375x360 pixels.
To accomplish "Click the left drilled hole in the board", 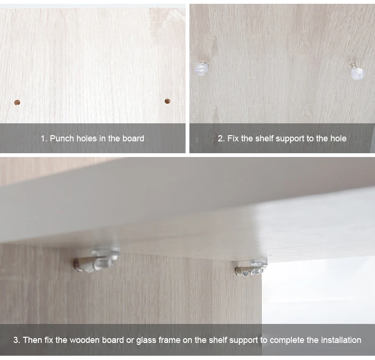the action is tap(17, 103).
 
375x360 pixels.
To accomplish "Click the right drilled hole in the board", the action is tap(168, 101).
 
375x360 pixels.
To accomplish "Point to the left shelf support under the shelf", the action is tap(96, 260).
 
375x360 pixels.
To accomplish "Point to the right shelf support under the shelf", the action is tap(251, 268).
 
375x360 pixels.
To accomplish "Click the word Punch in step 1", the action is tap(62, 138).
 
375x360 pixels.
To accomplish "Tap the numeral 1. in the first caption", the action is tap(44, 138).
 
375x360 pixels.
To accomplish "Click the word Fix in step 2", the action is tap(233, 138).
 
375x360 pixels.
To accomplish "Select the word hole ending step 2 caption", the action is tap(338, 138).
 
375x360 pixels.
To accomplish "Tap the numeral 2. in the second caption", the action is tap(221, 138).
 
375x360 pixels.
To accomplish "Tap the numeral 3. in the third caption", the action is tap(17, 340).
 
